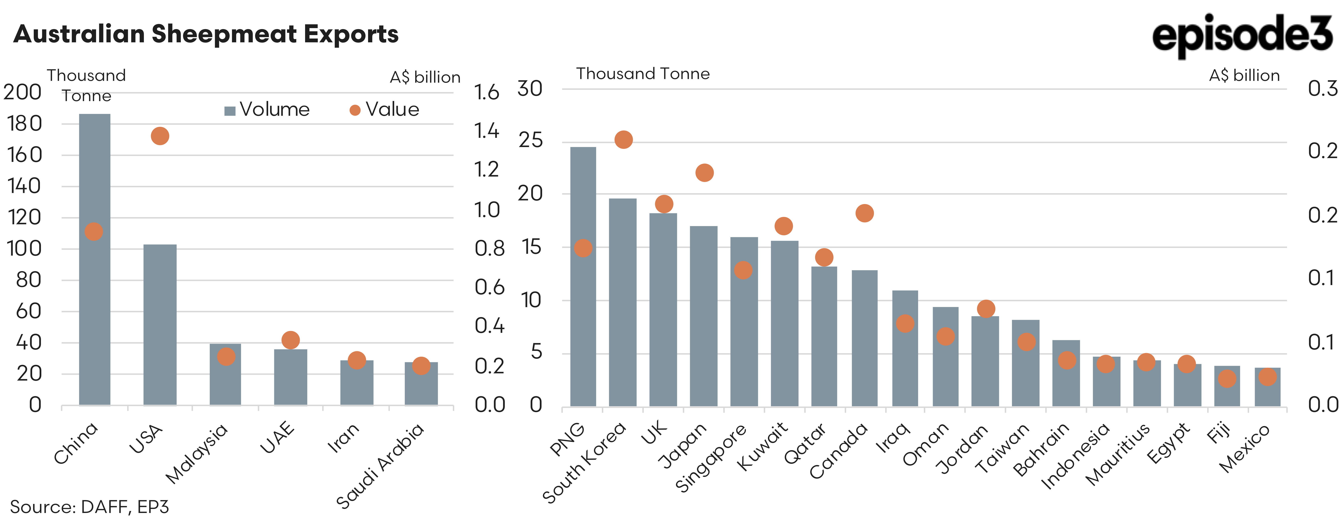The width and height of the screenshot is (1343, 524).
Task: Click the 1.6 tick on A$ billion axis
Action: [486, 93]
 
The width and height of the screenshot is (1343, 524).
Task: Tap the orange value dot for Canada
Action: [864, 213]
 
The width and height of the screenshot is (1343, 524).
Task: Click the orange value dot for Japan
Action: [704, 173]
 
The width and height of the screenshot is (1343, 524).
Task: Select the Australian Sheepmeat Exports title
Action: [206, 34]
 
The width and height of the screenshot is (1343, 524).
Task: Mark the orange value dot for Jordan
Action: [986, 309]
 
